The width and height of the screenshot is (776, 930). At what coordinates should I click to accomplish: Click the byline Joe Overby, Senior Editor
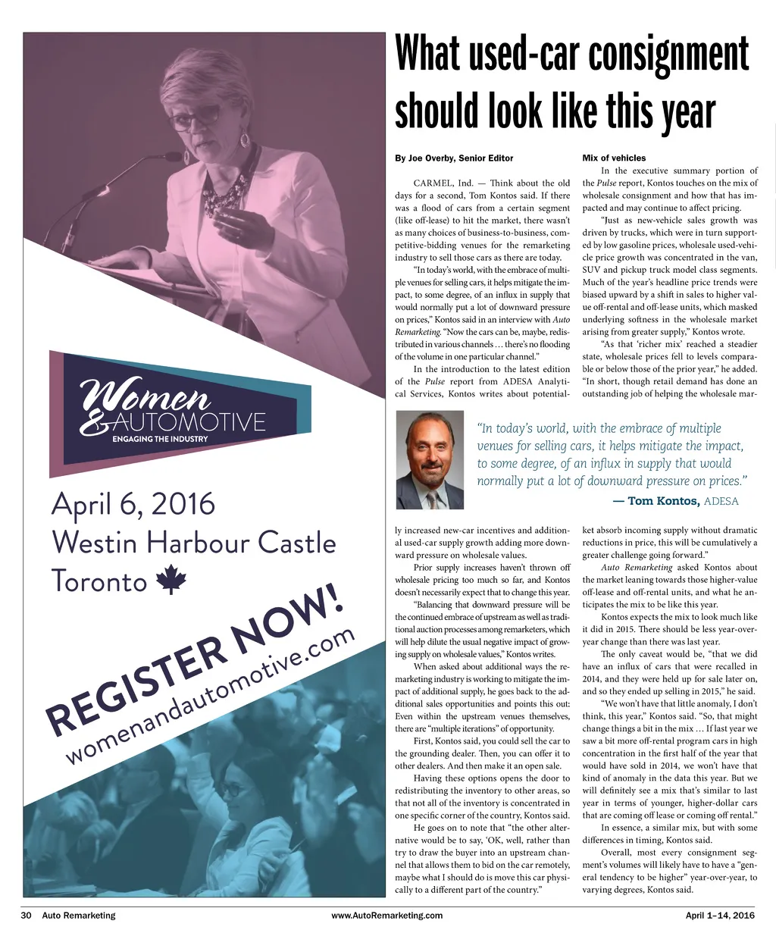(454, 158)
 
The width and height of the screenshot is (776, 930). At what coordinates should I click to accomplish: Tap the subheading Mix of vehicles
(614, 158)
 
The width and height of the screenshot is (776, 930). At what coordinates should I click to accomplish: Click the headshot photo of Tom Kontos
(430, 460)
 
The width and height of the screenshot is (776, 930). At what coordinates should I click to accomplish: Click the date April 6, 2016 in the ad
(133, 504)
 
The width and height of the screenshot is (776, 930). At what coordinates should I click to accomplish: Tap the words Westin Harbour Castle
(193, 543)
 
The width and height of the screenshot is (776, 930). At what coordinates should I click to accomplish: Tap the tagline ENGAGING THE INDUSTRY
(165, 439)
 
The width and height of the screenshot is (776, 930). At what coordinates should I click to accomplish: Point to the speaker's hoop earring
(246, 140)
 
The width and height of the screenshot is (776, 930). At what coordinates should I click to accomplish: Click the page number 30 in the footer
(26, 916)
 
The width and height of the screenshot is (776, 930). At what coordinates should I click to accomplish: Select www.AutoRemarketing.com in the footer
(387, 916)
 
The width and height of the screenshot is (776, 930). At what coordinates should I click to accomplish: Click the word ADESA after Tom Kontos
(721, 502)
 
